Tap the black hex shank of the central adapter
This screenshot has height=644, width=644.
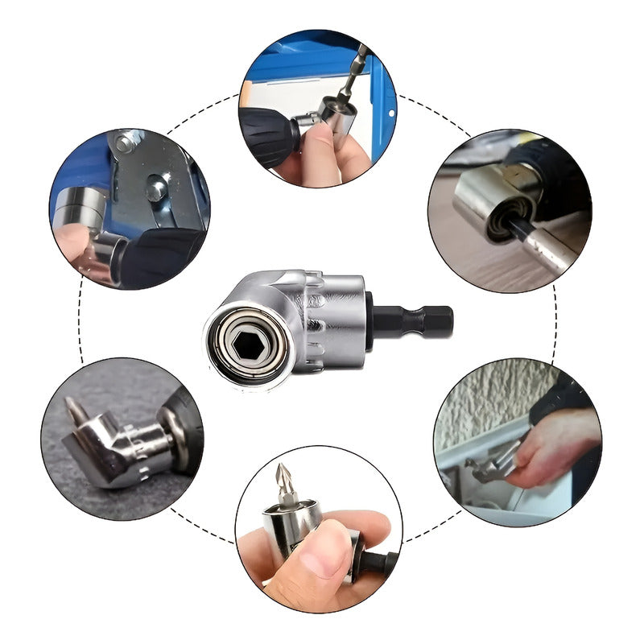click(418, 322)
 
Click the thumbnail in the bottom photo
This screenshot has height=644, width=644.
click(325, 555)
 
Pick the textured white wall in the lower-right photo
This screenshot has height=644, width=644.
click(491, 394)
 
